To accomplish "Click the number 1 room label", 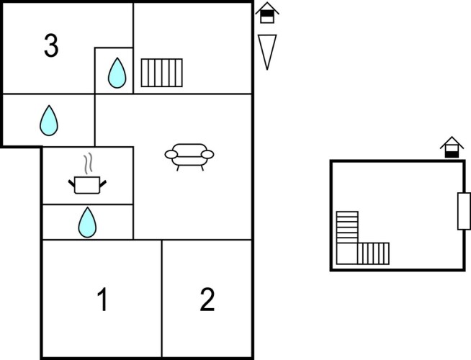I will click(102, 300).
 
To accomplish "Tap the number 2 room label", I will click(207, 300).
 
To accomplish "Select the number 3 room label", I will click(50, 47).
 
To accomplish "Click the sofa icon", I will click(190, 156).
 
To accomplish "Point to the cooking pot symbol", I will click(88, 184).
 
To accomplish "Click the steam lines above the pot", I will click(88, 164).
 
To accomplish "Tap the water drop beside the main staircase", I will click(117, 72).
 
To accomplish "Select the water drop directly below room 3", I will click(49, 120).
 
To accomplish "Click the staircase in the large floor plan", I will click(162, 72).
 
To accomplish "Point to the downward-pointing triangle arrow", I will click(267, 50).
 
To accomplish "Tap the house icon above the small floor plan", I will click(452, 146).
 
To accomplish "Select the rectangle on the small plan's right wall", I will click(464, 211).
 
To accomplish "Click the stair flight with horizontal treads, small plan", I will click(347, 227).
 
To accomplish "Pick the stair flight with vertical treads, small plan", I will click(373, 253).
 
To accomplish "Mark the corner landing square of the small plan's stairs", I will click(347, 253).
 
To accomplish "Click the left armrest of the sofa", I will click(170, 153).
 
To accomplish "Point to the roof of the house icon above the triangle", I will click(267, 7).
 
